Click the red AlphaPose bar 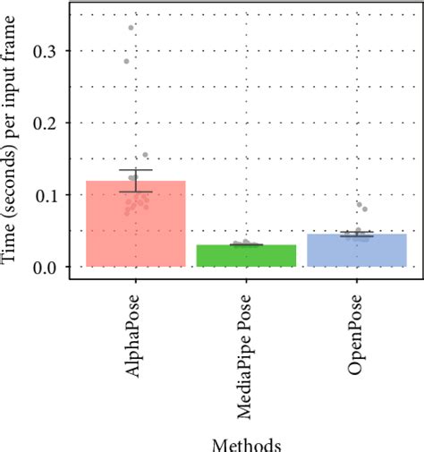(x=135, y=224)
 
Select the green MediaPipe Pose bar (x=246, y=255)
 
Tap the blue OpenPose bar (x=356, y=251)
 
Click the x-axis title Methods (x=246, y=443)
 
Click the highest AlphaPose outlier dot (x=131, y=28)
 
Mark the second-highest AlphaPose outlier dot (x=126, y=61)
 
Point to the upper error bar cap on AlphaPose (x=135, y=170)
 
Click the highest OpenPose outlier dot (x=360, y=205)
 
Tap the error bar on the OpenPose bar (x=356, y=235)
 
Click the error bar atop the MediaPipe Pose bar (x=246, y=244)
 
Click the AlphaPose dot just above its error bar (x=146, y=156)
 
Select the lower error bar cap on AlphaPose (x=135, y=192)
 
